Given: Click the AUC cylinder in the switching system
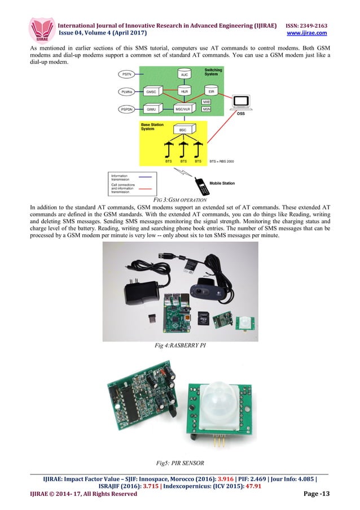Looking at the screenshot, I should point(184,75).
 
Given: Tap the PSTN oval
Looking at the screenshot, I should point(126,75).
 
